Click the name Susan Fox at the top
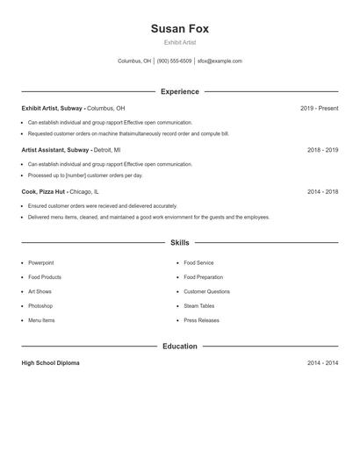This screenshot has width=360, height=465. tap(179, 28)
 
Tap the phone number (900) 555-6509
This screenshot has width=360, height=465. tap(174, 61)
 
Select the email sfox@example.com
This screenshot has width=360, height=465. tap(220, 61)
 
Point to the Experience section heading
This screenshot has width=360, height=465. tap(179, 91)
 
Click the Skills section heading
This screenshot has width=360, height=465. tap(179, 242)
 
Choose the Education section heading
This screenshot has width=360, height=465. tap(179, 347)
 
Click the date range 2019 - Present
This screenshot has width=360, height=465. tap(319, 109)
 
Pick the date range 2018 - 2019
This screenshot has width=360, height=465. tap(322, 150)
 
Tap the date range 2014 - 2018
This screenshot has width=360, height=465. tap(322, 191)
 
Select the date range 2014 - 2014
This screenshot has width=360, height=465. tap(322, 363)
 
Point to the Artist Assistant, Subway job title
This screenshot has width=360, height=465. tap(55, 150)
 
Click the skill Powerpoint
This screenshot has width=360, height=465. tap(40, 262)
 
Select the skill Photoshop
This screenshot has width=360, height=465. tap(40, 306)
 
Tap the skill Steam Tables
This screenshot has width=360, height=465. tap(198, 306)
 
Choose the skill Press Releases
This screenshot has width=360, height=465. tap(201, 320)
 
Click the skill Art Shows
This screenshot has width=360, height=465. tap(40, 291)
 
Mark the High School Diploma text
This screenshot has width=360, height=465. tap(50, 363)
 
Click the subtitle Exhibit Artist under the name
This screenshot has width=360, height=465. tap(179, 42)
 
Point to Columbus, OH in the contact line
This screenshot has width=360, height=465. tap(134, 61)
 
